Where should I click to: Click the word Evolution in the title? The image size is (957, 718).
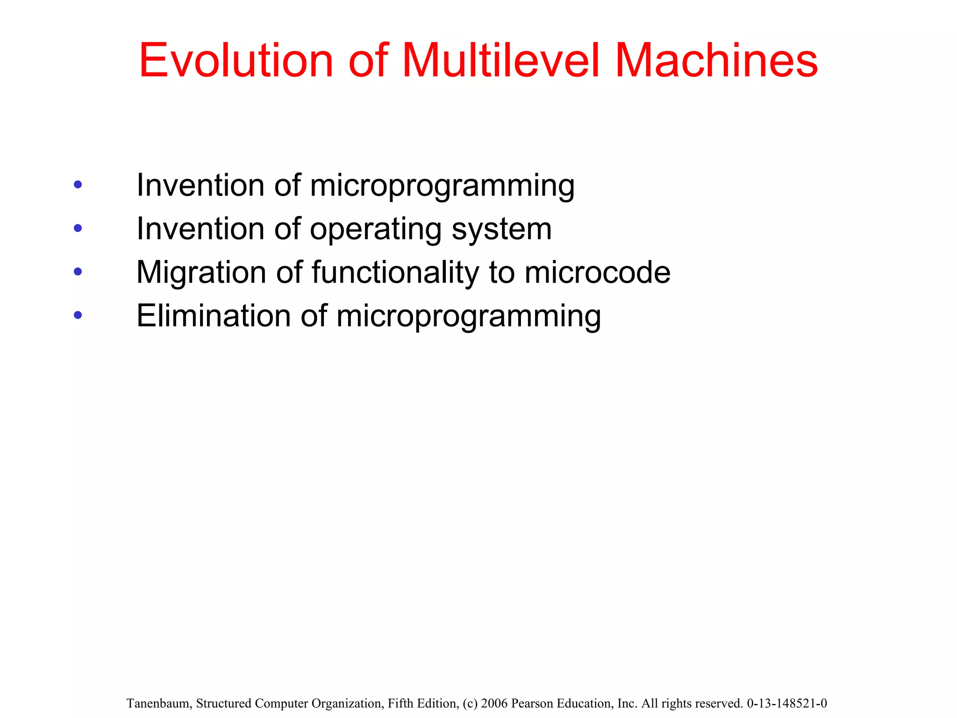point(236,61)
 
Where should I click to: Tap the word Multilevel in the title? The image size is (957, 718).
point(500,61)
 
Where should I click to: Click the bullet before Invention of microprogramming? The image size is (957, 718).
point(78,185)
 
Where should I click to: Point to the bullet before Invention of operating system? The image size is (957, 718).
point(78,229)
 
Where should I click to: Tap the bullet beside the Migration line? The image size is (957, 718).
point(78,272)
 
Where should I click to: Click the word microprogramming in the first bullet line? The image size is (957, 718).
point(442,186)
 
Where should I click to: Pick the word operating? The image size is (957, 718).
point(376,230)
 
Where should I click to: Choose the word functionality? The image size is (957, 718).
point(395,273)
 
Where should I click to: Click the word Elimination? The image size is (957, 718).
point(214,316)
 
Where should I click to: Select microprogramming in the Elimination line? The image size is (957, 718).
point(468,317)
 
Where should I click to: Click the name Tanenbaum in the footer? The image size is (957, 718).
point(158,704)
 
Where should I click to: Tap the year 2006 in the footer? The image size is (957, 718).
point(494,704)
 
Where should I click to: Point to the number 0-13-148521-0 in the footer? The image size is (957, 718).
point(787,704)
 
